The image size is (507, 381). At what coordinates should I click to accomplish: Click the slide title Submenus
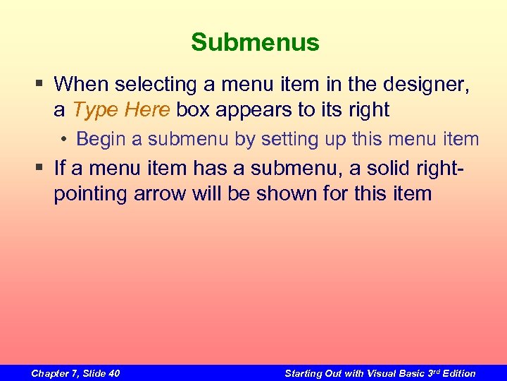pyautogui.click(x=255, y=42)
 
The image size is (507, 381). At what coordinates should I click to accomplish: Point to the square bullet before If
pyautogui.click(x=42, y=168)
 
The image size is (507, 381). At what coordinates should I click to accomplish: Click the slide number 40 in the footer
pyautogui.click(x=113, y=373)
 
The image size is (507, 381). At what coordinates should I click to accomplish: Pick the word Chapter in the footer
pyautogui.click(x=51, y=373)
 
